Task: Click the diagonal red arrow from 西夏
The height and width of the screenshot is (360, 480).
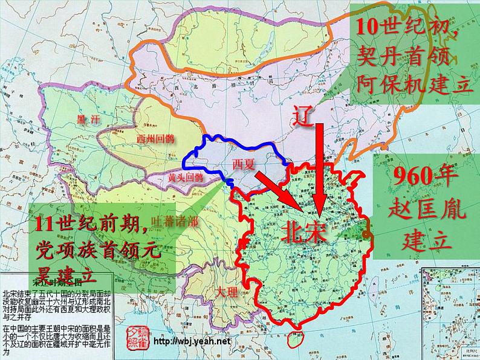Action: pos(279,191)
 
